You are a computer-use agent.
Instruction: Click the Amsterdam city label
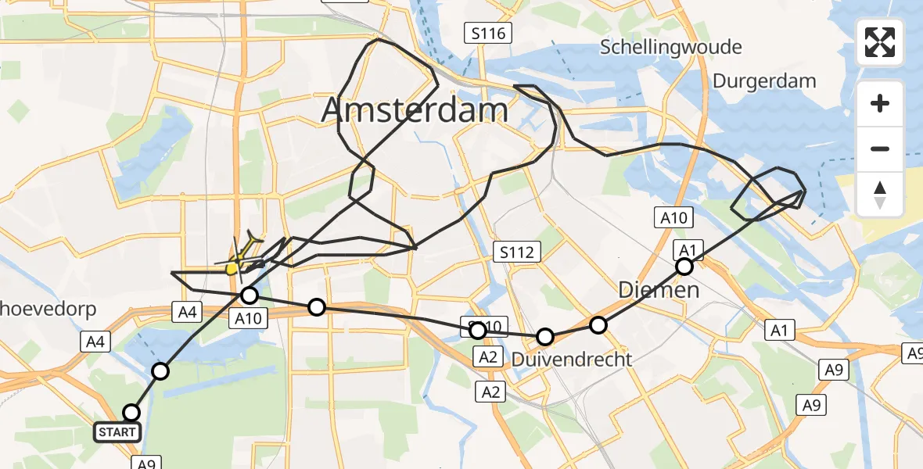(415, 110)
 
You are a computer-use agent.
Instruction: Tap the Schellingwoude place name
(670, 47)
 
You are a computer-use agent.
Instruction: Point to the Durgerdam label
(764, 81)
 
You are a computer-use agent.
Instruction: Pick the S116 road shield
(489, 33)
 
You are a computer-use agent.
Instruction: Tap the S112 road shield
(518, 252)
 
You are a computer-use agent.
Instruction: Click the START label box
(117, 431)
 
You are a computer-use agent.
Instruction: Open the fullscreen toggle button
(880, 43)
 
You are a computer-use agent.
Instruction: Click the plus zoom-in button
(880, 103)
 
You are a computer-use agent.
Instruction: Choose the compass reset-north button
(880, 195)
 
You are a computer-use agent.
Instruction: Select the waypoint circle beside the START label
(131, 412)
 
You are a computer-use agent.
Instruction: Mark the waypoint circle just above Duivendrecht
(545, 337)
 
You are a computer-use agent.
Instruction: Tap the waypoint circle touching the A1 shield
(684, 267)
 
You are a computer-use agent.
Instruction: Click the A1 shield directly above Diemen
(686, 249)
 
